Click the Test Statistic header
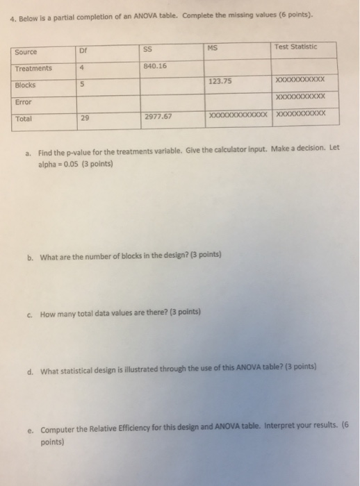pos(295,47)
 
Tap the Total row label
pos(24,119)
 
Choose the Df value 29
pos(84,119)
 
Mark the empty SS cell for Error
pos(167,100)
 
